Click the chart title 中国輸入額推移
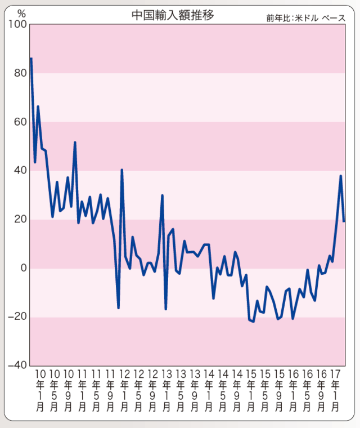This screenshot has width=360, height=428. tap(173, 15)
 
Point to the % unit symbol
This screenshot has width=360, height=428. tap(21, 13)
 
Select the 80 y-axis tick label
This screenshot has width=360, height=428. tap(20, 73)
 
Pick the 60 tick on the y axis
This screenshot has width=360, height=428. tap(20, 122)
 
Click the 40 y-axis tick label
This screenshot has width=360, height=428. tap(20, 171)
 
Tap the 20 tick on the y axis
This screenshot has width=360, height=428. tap(20, 220)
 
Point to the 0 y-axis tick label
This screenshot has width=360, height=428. tap(24, 268)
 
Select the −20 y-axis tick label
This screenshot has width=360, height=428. tap(17, 317)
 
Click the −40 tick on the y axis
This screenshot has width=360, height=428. tap(17, 365)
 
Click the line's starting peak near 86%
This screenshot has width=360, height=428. tap(31, 59)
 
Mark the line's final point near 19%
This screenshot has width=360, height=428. tap(344, 221)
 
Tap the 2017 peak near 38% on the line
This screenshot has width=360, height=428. tap(341, 176)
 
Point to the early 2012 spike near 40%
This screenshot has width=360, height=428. tap(122, 170)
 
